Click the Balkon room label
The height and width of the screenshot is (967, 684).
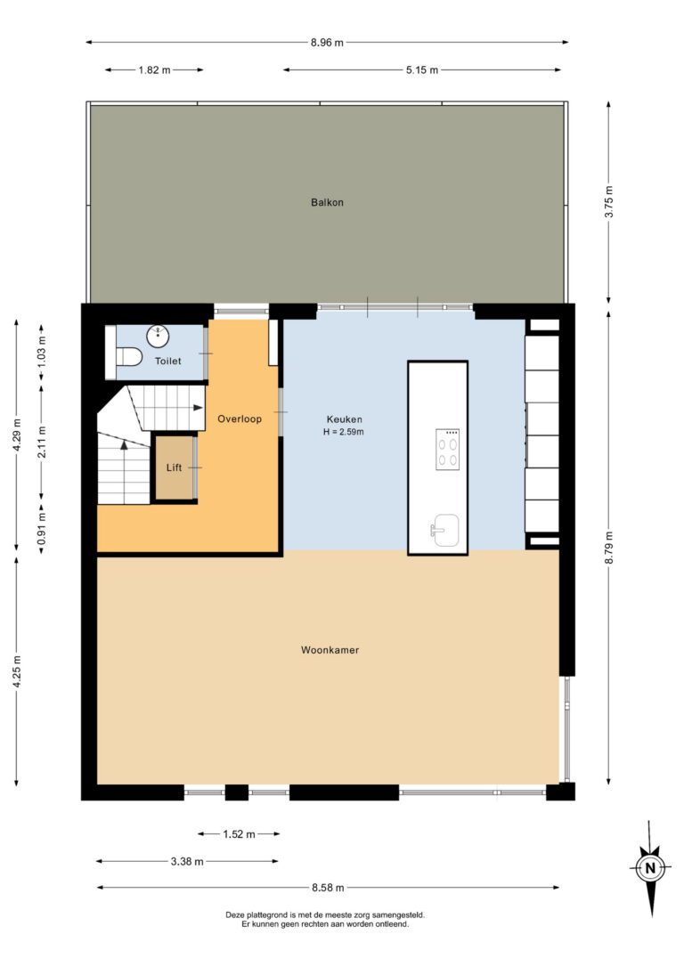pos(327,202)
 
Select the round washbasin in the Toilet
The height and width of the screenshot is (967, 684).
pos(158,336)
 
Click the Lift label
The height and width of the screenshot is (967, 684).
pos(174,468)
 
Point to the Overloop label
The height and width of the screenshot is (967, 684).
pos(240,418)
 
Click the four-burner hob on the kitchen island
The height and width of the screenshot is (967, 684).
pos(448,450)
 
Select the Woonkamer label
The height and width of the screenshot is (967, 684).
pos(330,650)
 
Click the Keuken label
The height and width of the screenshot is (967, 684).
pos(344,419)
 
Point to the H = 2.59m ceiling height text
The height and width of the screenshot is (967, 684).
pos(344,433)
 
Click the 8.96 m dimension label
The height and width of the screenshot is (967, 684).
pos(327,43)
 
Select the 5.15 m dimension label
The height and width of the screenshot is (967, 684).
pos(422,70)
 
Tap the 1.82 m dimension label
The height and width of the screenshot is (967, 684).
pos(154,70)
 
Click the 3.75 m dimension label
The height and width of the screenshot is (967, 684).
pos(609,201)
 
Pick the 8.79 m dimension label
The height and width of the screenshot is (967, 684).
pos(609,547)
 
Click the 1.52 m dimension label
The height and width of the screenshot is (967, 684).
pos(239,834)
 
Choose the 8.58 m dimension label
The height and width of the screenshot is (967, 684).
pos(328,888)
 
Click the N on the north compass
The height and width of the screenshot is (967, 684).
pos(650,868)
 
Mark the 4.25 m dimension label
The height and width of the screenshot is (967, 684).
pos(17,672)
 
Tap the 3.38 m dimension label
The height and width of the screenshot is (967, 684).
pos(187,862)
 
